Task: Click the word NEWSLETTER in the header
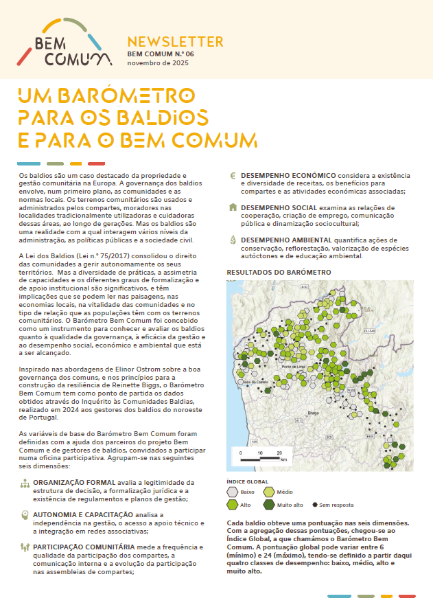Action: (x=175, y=42)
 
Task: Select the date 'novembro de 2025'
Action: (x=158, y=62)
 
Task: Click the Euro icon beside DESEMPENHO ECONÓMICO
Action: (x=233, y=176)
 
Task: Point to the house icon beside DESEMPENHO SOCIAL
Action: (x=233, y=207)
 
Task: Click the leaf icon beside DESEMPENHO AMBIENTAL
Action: (x=233, y=239)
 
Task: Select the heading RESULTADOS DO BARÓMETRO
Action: (x=279, y=272)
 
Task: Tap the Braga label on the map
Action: (x=314, y=413)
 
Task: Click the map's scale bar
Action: (x=259, y=455)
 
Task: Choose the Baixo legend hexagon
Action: (x=233, y=492)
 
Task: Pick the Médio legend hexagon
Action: (x=269, y=492)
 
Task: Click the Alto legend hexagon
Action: (x=233, y=505)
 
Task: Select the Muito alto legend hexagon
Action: (x=269, y=505)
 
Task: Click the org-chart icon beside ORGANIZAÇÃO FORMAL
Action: (x=25, y=483)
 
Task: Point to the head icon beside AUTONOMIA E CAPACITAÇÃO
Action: (x=25, y=514)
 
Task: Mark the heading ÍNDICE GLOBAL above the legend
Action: (x=248, y=481)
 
